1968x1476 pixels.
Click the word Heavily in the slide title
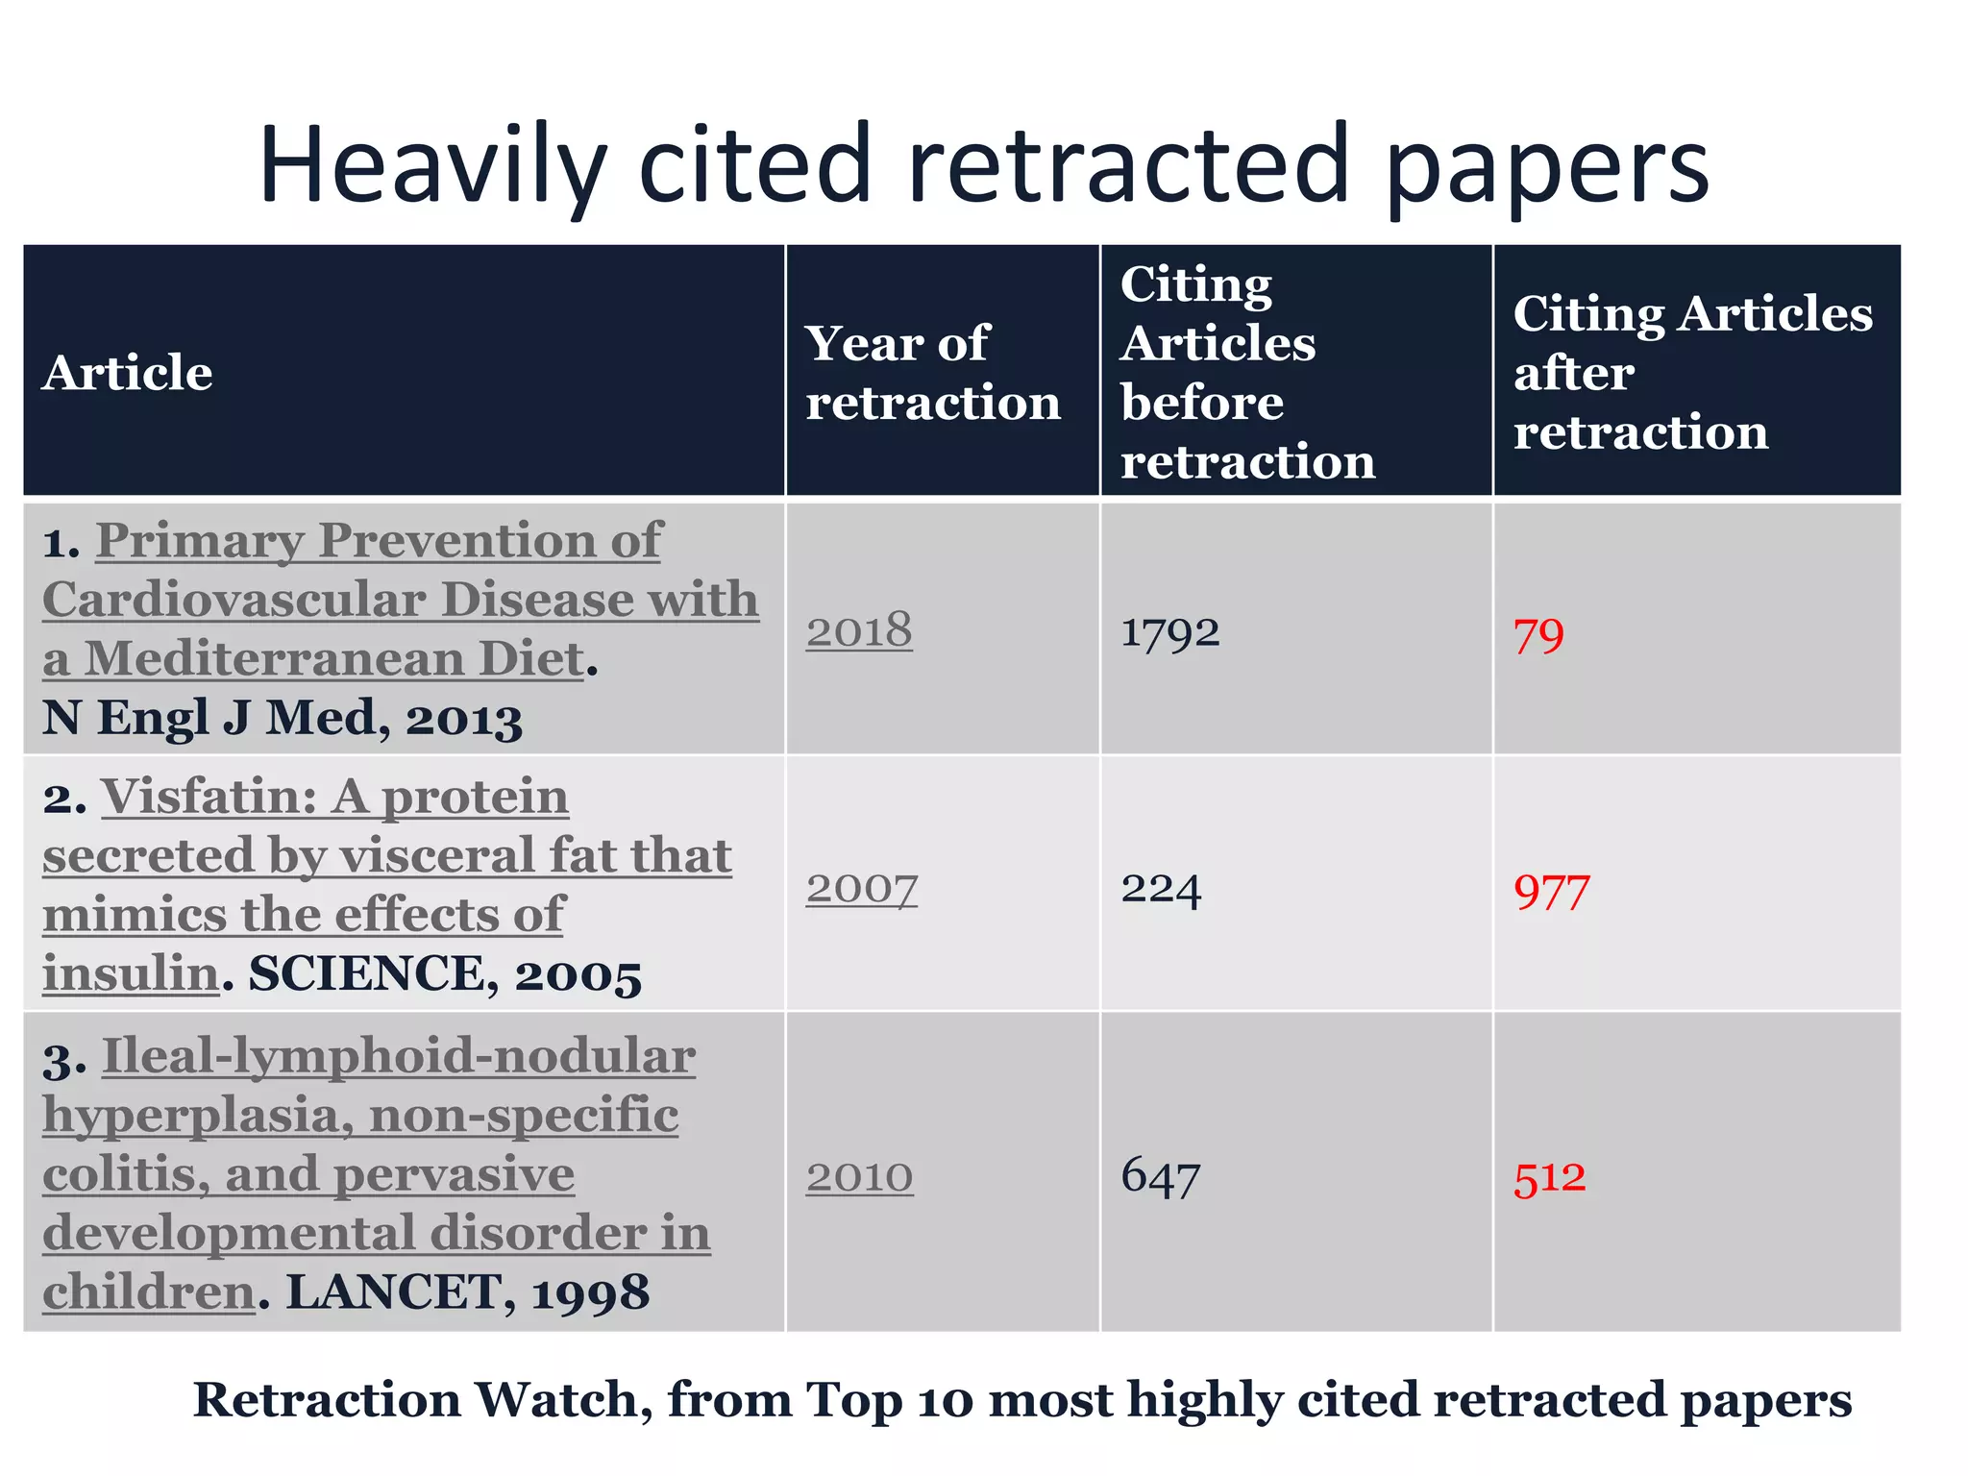432,165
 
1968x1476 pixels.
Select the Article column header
127,372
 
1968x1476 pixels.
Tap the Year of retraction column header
932,372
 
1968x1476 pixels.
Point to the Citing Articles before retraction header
1246,372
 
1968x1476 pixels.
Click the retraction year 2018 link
858,631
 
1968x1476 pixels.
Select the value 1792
1169,633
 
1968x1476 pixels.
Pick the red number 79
1538,636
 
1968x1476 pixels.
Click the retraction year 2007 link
861,888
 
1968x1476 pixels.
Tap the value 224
1160,889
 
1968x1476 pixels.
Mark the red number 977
1551,893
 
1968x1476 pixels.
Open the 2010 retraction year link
859,1176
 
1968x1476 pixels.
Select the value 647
1160,1176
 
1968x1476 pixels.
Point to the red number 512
1549,1178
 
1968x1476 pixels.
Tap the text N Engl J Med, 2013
282,719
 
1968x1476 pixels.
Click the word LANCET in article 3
394,1291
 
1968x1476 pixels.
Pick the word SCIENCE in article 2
366,973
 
